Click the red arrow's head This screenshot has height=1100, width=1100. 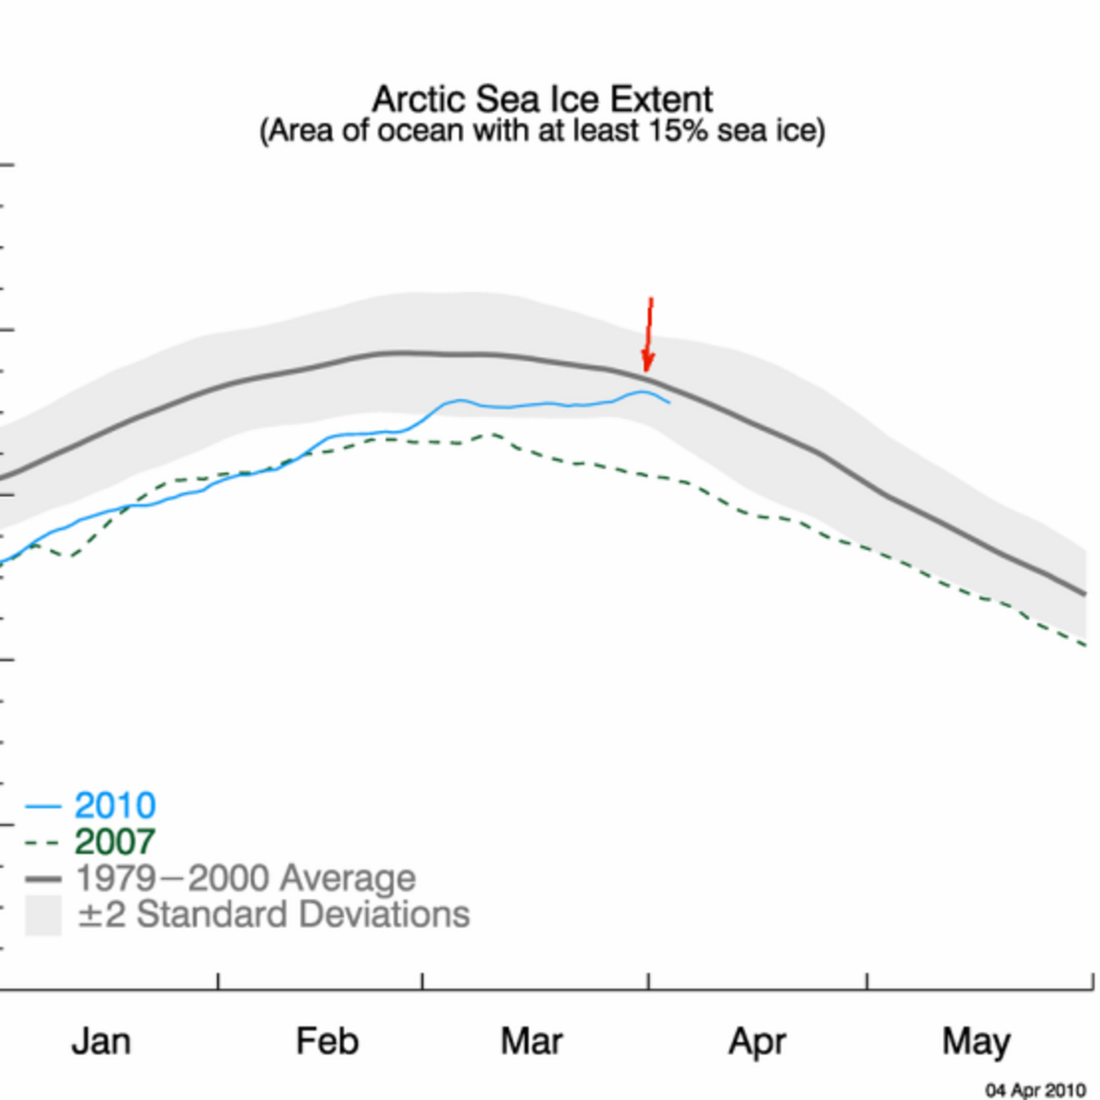tap(648, 361)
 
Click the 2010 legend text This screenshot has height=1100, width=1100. tap(115, 806)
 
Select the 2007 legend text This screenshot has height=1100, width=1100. tap(115, 841)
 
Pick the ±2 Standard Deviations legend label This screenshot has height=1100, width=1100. tap(274, 915)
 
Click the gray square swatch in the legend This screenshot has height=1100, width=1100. tap(43, 915)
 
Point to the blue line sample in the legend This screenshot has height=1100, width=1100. tap(43, 806)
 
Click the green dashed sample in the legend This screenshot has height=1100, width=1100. tap(43, 842)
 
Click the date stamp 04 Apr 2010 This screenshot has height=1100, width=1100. tap(1036, 1090)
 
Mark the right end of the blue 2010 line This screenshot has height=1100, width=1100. tap(669, 402)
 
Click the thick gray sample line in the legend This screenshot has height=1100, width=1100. tap(43, 879)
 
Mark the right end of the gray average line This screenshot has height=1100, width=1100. tap(1084, 594)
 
